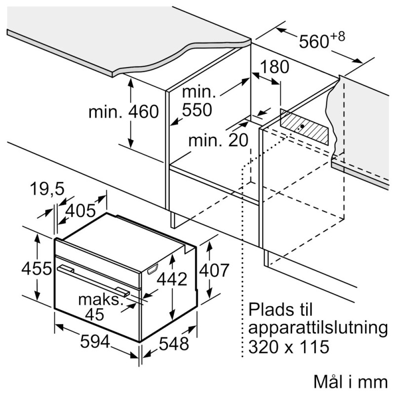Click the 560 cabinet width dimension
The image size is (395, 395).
(x=322, y=40)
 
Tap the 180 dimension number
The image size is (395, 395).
(x=275, y=67)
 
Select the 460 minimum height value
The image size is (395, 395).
(x=144, y=112)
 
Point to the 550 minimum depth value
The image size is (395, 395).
(x=197, y=110)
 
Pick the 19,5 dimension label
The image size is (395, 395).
(x=47, y=189)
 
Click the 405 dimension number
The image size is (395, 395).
(x=80, y=211)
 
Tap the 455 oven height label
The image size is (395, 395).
(x=37, y=269)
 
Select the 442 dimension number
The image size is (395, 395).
(x=172, y=279)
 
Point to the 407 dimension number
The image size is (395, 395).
(x=214, y=270)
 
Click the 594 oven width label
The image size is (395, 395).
(x=95, y=342)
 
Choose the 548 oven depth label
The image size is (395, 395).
(x=174, y=344)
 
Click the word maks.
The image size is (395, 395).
(x=100, y=300)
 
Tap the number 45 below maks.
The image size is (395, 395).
(x=94, y=314)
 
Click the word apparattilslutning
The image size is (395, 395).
(x=318, y=329)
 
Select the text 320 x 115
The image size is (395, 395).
(x=289, y=347)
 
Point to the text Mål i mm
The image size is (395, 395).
(x=351, y=382)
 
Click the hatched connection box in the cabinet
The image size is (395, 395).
(x=304, y=127)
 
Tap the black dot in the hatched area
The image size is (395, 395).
(x=302, y=126)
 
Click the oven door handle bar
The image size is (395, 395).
(x=93, y=280)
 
